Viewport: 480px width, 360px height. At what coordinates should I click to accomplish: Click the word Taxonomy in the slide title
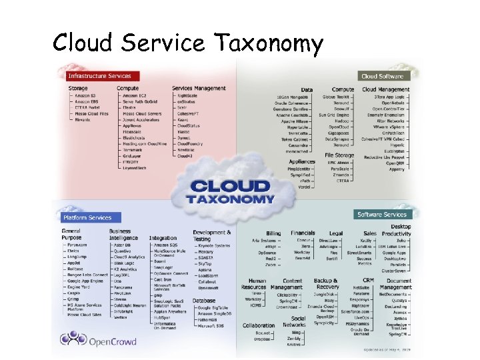(x=269, y=43)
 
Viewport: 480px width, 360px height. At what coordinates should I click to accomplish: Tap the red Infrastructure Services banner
(x=99, y=76)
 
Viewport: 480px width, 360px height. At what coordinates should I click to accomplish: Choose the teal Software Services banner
(x=382, y=215)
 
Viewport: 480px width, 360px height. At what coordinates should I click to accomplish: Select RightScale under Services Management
(x=187, y=95)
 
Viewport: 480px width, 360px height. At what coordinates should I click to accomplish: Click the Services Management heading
(x=199, y=88)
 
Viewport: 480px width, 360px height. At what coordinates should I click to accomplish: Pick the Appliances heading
(x=302, y=161)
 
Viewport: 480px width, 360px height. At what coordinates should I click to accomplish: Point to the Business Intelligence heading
(x=125, y=234)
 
